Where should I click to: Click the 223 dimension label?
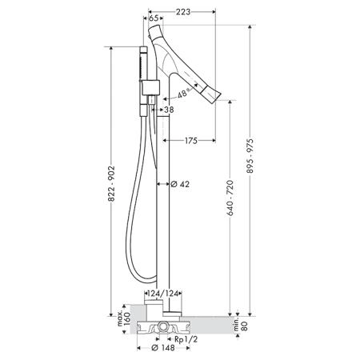pos(183,12)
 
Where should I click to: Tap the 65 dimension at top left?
pos(154,18)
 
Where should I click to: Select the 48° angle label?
pos(183,94)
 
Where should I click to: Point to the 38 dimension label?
pos(169,110)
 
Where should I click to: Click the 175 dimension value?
pos(191,141)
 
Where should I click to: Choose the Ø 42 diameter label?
pos(180,184)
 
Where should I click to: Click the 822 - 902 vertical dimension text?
pos(111,184)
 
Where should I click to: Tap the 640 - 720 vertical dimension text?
pos(230,198)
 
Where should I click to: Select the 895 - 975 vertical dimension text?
pos(250,156)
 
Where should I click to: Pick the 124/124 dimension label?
pos(162,294)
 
